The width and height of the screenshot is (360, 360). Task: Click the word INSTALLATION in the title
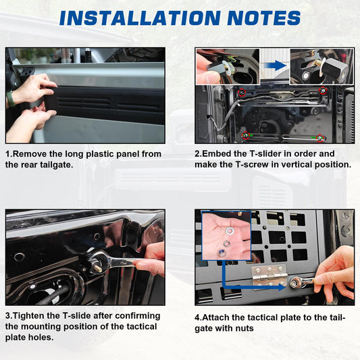click(140, 18)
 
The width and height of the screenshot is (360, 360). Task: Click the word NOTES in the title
click(264, 18)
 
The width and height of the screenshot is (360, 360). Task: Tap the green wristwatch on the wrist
click(10, 99)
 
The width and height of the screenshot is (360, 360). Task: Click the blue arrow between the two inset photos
click(275, 66)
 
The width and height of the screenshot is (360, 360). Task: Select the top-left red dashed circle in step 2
click(242, 93)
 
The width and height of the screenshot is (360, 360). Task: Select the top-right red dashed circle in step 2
click(324, 91)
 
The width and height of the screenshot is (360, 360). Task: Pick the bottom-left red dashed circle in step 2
click(245, 136)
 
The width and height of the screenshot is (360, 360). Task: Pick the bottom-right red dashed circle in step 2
click(320, 138)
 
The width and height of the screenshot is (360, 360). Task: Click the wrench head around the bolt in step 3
click(97, 260)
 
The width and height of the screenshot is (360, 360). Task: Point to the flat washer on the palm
click(230, 230)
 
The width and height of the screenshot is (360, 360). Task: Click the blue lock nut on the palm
click(221, 253)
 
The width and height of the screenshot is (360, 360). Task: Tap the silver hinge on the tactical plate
click(269, 278)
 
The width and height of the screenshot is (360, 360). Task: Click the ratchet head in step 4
click(294, 282)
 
